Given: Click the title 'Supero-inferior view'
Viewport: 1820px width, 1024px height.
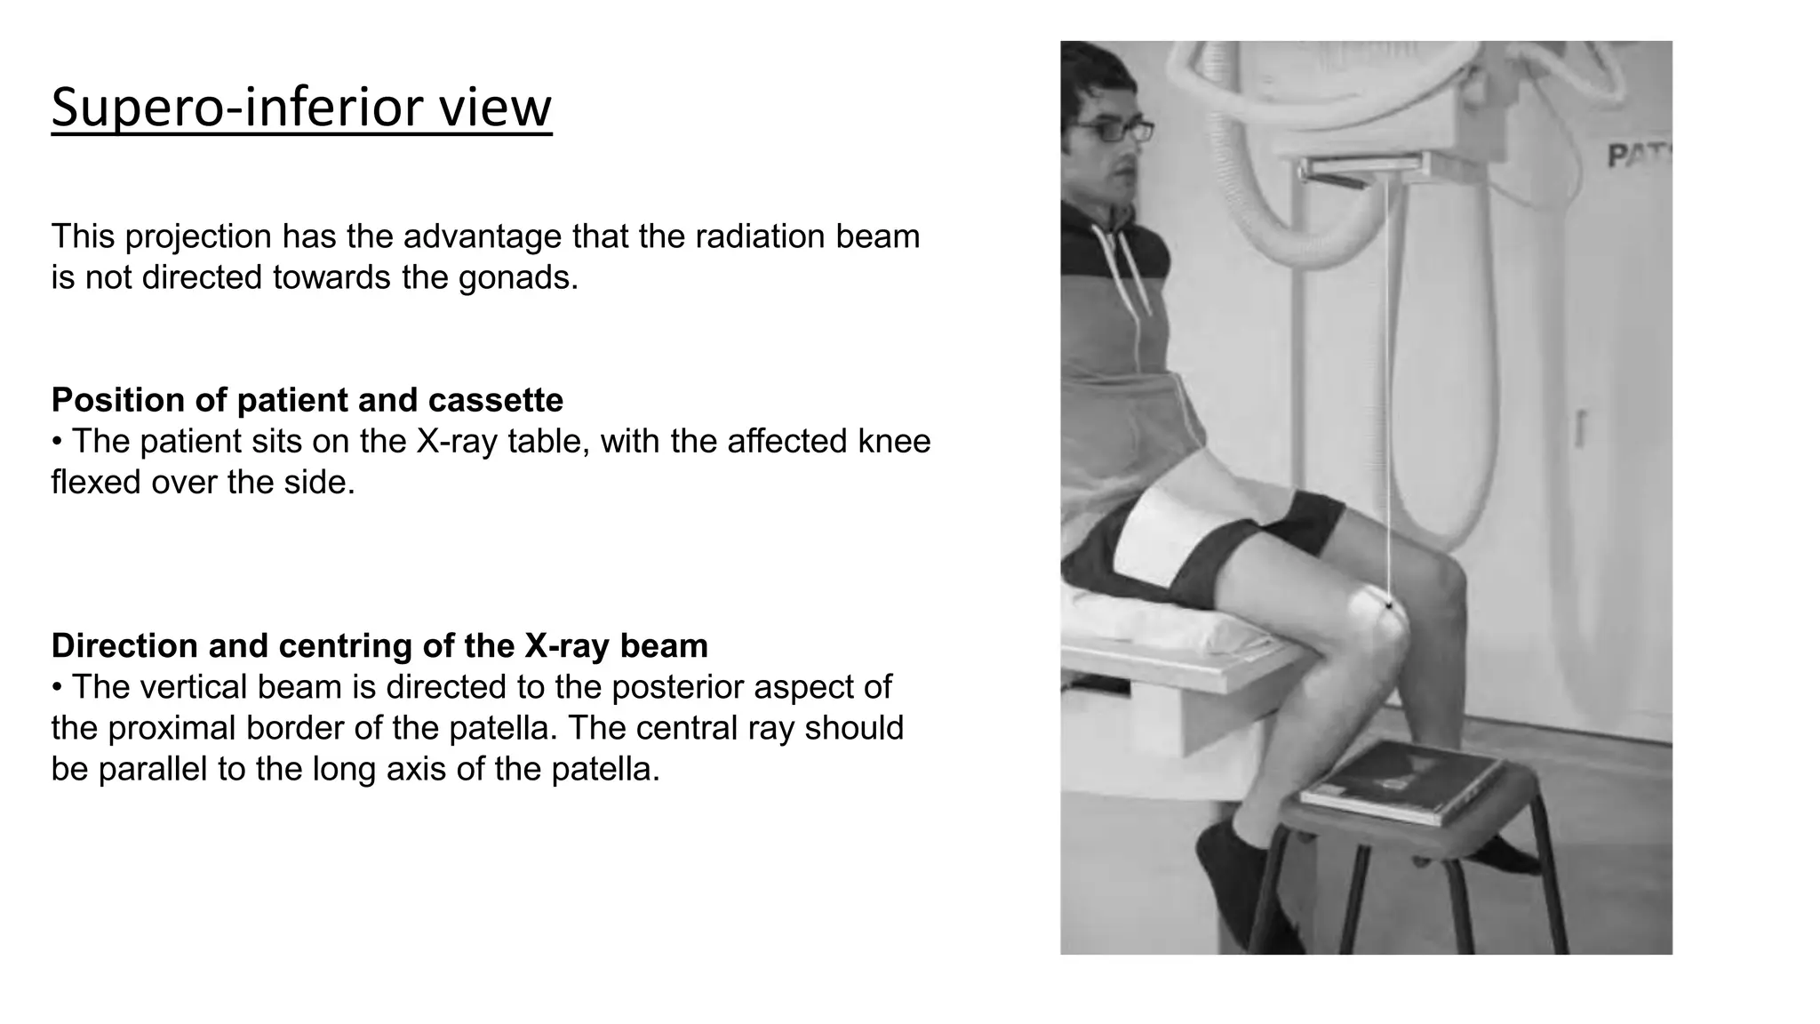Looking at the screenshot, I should [x=301, y=107].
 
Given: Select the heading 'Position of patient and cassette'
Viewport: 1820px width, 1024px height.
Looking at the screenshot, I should [x=307, y=400].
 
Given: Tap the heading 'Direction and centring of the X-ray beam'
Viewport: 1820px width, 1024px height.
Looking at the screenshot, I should [x=379, y=645].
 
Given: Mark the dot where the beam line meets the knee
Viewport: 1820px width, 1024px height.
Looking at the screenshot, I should [x=1389, y=604].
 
